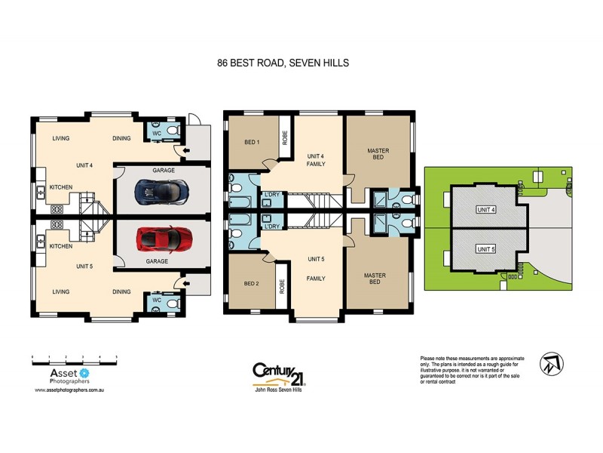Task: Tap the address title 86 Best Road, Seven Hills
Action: point(283,64)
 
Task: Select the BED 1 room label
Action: point(252,142)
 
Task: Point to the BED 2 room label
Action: point(252,283)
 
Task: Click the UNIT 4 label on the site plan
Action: point(486,209)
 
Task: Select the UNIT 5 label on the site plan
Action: point(486,248)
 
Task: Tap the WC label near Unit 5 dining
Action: point(157,300)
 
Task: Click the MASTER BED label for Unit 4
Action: point(378,155)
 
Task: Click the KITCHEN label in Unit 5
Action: point(60,246)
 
